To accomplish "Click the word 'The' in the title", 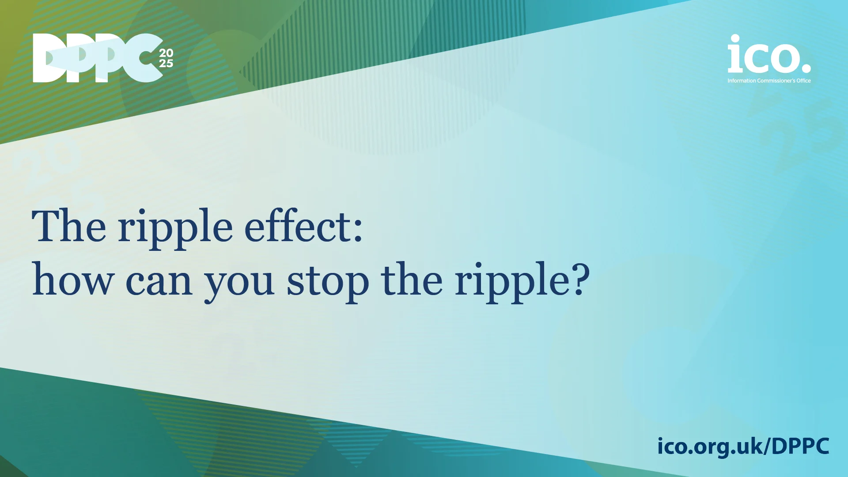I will coord(69,227).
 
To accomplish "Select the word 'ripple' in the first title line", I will coord(175,230).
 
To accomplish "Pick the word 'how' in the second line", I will coord(73,280).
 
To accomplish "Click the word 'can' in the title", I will coord(159,283).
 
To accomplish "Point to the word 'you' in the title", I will coord(239,285).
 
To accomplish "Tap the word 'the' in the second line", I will coord(411,280).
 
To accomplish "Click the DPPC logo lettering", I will coord(97,58).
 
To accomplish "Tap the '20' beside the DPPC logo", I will coord(166,53).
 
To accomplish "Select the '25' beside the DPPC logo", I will coord(166,64).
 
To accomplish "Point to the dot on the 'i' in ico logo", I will coord(734,39).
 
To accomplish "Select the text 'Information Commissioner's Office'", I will coord(769,81).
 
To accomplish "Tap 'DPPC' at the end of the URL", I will coord(801,446).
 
